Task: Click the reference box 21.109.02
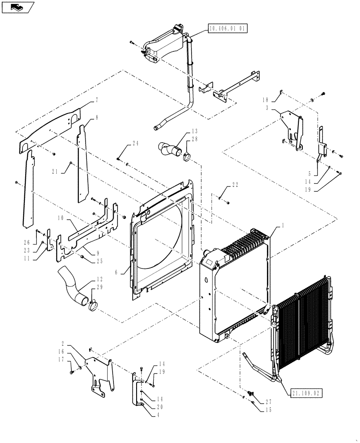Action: click(x=306, y=392)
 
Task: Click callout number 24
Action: click(x=135, y=144)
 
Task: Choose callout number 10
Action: click(x=61, y=218)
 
